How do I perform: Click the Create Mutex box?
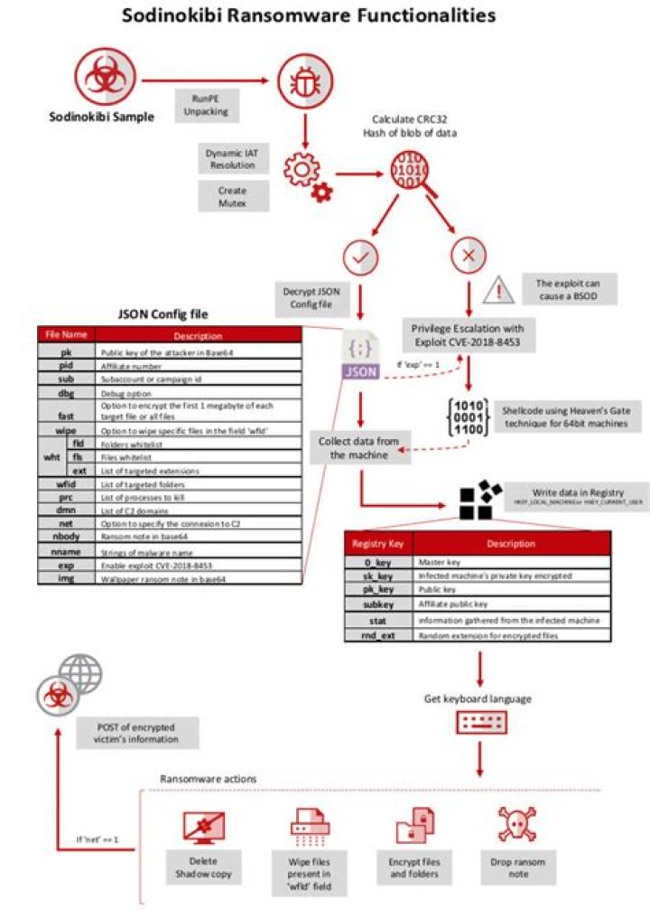[232, 196]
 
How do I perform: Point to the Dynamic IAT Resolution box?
[232, 159]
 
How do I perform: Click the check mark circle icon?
[362, 257]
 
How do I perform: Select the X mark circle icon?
[469, 257]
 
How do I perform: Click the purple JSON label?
[361, 370]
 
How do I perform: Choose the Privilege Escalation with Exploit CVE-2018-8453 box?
[467, 335]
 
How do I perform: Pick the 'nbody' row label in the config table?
[65, 538]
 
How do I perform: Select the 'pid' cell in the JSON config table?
[65, 367]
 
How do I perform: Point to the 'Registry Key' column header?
[377, 544]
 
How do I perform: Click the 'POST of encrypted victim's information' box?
[135, 733]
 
